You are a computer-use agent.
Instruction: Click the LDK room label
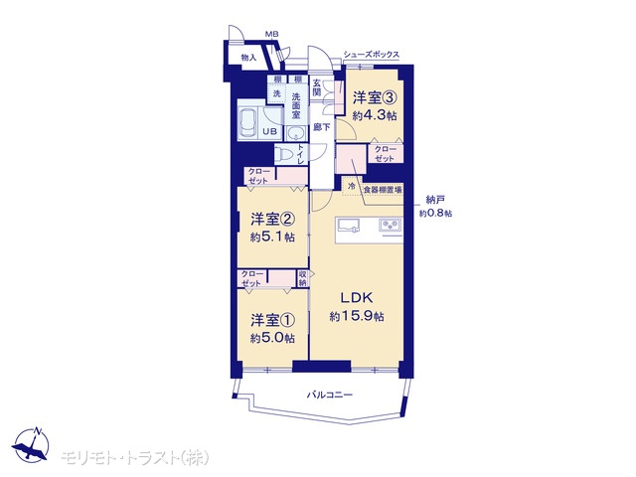(357, 298)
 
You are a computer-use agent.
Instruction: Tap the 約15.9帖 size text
(357, 316)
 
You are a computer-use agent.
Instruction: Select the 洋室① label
(272, 320)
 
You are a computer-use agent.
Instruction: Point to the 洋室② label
(272, 220)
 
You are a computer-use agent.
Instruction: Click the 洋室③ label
(375, 98)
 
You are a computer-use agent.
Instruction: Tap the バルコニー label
(330, 395)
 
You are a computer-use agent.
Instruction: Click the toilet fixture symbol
(285, 155)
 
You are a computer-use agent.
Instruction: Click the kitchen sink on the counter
(349, 226)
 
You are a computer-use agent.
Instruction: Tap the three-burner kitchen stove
(391, 225)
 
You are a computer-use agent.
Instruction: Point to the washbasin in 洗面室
(296, 132)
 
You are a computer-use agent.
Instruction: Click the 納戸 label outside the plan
(435, 199)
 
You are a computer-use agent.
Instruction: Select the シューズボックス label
(371, 55)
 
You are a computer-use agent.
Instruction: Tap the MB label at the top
(271, 35)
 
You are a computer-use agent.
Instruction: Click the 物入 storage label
(248, 58)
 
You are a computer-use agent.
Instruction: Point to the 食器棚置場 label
(383, 190)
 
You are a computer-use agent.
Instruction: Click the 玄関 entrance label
(316, 87)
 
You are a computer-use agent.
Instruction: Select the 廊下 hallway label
(322, 127)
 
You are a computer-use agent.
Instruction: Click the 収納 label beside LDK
(302, 278)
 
